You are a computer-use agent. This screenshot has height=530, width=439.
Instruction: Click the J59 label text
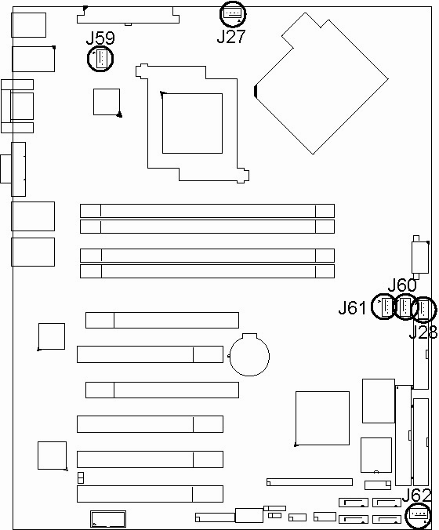point(100,38)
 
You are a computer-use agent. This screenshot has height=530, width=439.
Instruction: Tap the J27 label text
point(231,37)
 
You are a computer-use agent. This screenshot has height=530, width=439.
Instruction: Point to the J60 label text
point(402,285)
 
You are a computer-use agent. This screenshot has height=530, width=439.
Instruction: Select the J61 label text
point(353,308)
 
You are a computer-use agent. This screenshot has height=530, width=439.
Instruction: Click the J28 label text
point(423,332)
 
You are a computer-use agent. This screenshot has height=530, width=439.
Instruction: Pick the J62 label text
point(417,496)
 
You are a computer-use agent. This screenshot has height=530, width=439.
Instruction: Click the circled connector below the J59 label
point(100,59)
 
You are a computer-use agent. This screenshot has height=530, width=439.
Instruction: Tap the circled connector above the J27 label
point(233,14)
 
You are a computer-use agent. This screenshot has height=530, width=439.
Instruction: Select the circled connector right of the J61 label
point(384,307)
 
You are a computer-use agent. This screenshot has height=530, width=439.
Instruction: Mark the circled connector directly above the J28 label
point(424,309)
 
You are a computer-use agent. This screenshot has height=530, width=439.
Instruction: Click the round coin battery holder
point(249,355)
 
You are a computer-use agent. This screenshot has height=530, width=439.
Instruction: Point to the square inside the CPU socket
point(192,123)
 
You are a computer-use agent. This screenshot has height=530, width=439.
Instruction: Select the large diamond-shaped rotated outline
point(321,83)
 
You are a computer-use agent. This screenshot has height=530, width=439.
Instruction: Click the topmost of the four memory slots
point(207,211)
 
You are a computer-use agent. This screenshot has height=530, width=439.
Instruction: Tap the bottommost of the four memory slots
point(207,271)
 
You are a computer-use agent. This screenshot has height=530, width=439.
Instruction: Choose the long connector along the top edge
point(128,15)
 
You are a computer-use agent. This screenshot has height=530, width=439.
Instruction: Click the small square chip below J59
point(107,102)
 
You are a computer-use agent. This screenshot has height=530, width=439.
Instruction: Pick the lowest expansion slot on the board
point(150,494)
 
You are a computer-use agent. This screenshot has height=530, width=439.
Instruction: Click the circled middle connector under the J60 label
point(405,307)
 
